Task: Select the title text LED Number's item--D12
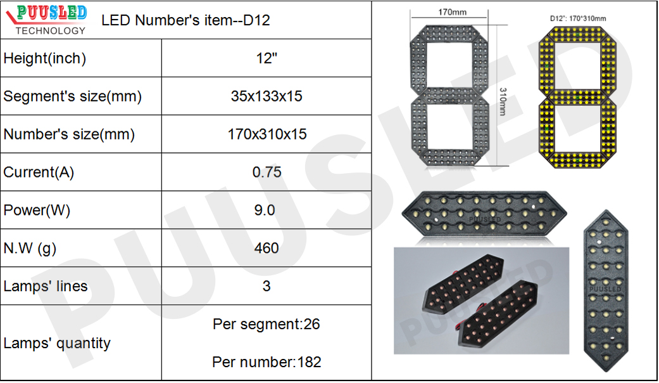(x=185, y=20)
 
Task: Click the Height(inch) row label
(x=45, y=58)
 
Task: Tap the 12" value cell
(x=267, y=58)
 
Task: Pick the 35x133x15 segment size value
(x=267, y=96)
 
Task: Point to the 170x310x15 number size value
(x=267, y=134)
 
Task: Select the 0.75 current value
(x=267, y=172)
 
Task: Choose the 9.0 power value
(x=265, y=210)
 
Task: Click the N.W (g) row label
(x=30, y=249)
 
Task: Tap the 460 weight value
(x=267, y=248)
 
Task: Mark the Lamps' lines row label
(x=46, y=286)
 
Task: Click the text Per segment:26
(x=267, y=324)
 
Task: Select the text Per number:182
(x=267, y=362)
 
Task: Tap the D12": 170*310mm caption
(x=578, y=18)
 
